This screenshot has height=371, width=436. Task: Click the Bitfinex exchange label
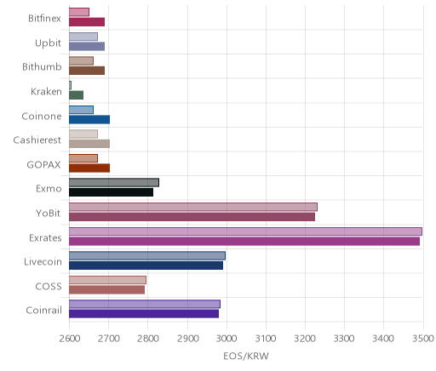44,19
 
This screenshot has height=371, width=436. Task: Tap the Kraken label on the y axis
46,92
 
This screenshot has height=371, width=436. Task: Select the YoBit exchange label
49,213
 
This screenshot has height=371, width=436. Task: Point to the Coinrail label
43,311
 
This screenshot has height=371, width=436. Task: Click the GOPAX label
43,164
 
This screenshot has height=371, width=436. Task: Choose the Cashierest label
37,140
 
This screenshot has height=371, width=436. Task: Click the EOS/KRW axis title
246,356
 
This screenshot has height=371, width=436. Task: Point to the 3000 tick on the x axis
227,339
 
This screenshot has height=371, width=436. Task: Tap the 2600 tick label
70,339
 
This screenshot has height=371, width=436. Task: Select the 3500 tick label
423,339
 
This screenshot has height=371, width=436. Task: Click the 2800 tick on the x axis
148,339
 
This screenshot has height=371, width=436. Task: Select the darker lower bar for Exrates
244,242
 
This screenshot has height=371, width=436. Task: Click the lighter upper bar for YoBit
193,207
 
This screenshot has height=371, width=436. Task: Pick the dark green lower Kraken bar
76,95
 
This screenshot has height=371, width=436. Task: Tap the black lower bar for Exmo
111,192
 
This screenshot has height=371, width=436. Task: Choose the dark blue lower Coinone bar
89,120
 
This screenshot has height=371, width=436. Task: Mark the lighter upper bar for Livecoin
147,256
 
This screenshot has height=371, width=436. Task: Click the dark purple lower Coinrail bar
144,314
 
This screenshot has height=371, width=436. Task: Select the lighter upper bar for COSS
107,280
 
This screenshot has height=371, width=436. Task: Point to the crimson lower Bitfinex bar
87,22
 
